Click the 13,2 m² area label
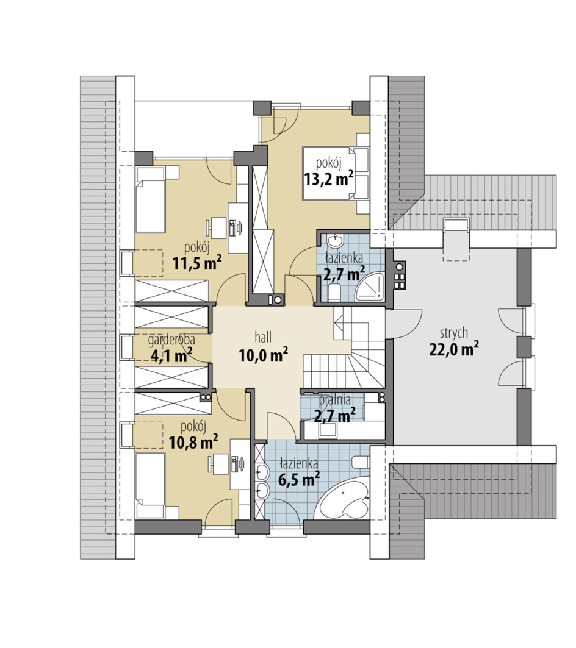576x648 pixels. click(x=329, y=179)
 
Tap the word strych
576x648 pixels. click(x=453, y=333)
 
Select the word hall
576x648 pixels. click(x=263, y=337)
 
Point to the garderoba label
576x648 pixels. click(x=171, y=340)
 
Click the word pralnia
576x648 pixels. click(x=335, y=400)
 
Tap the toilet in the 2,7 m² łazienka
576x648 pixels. click(x=334, y=292)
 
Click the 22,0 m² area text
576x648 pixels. click(x=453, y=350)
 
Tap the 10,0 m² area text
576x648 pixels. click(x=263, y=355)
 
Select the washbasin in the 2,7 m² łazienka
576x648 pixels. click(x=334, y=240)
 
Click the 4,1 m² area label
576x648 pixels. click(x=171, y=355)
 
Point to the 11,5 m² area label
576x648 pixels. click(x=197, y=263)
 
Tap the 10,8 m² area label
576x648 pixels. click(x=193, y=443)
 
